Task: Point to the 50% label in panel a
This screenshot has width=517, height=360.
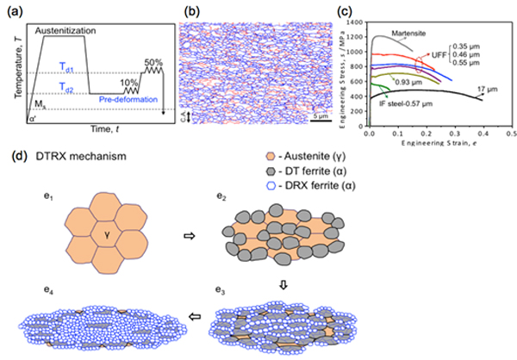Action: point(152,63)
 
